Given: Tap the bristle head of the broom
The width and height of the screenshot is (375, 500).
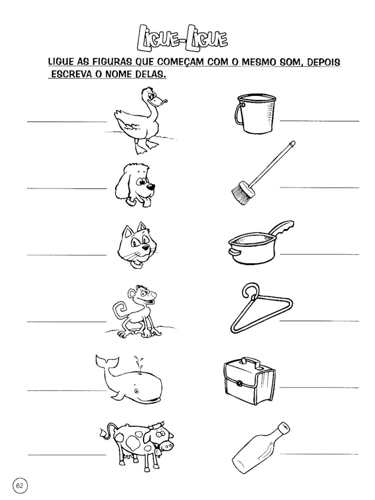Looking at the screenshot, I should pyautogui.click(x=241, y=191).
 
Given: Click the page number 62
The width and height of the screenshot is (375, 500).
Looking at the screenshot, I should pyautogui.click(x=19, y=486).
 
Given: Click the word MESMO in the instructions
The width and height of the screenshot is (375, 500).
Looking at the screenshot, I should pyautogui.click(x=246, y=63).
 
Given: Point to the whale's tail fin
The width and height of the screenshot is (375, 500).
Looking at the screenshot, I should pyautogui.click(x=103, y=363).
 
